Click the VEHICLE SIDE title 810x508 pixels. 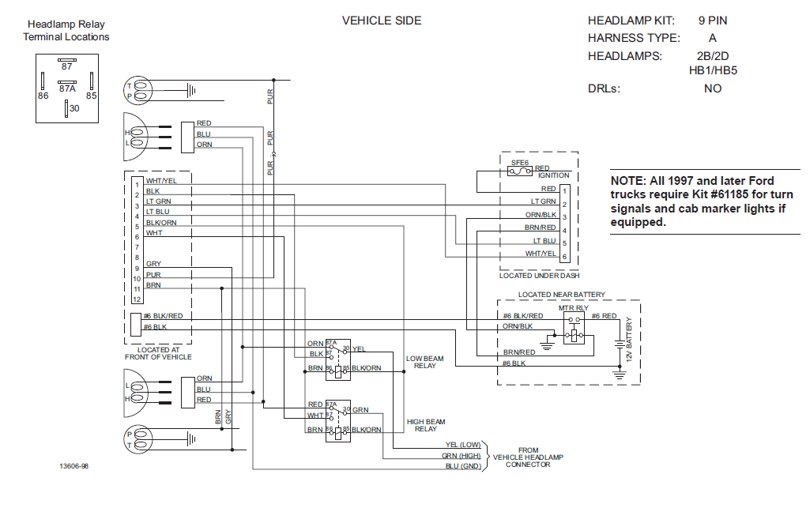coord(382,21)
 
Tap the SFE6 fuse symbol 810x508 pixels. coord(520,171)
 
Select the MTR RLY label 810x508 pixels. coord(574,307)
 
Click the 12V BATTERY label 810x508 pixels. coord(629,339)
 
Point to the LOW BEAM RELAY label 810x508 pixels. coord(424,362)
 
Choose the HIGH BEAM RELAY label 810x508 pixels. coord(426,425)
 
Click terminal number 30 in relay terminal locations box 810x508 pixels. coord(74,108)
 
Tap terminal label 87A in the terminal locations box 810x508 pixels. coord(67,88)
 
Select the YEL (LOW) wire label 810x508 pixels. coord(463,445)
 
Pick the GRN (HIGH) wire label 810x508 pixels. coord(462,456)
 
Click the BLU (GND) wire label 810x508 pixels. coord(463,466)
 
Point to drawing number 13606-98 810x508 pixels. coord(73,466)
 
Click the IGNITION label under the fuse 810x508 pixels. coord(553,175)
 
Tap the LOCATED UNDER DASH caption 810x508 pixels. coord(539,276)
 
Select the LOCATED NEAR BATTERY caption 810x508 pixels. coord(562,294)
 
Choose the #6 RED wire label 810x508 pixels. coord(604,316)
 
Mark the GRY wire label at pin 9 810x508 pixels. coord(153,264)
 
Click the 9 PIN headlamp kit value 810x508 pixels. coord(713,21)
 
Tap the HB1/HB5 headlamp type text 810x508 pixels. coord(713,71)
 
